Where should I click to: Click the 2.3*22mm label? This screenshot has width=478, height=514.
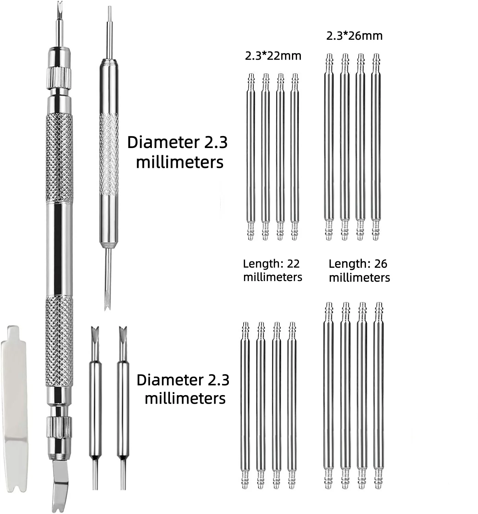pos(273,56)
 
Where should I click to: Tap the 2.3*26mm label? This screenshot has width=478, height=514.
pos(354,36)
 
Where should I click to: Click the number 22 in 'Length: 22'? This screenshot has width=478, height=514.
pos(293,264)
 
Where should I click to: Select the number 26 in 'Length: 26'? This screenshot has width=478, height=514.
pos(381,264)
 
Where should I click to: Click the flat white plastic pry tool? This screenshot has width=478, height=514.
pos(14,412)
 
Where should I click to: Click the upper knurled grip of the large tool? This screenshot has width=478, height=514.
pos(59,158)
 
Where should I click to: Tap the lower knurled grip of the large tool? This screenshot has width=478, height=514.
pos(59,342)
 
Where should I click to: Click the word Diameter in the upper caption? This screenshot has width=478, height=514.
pos(163,142)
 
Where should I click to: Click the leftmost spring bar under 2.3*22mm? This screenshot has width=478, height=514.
pos(250,157)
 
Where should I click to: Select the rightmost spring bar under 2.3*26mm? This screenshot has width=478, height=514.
pos(376,147)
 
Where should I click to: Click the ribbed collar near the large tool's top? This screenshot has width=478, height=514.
pos(59,78)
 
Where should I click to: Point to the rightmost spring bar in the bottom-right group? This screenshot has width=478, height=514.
pos(379,396)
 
